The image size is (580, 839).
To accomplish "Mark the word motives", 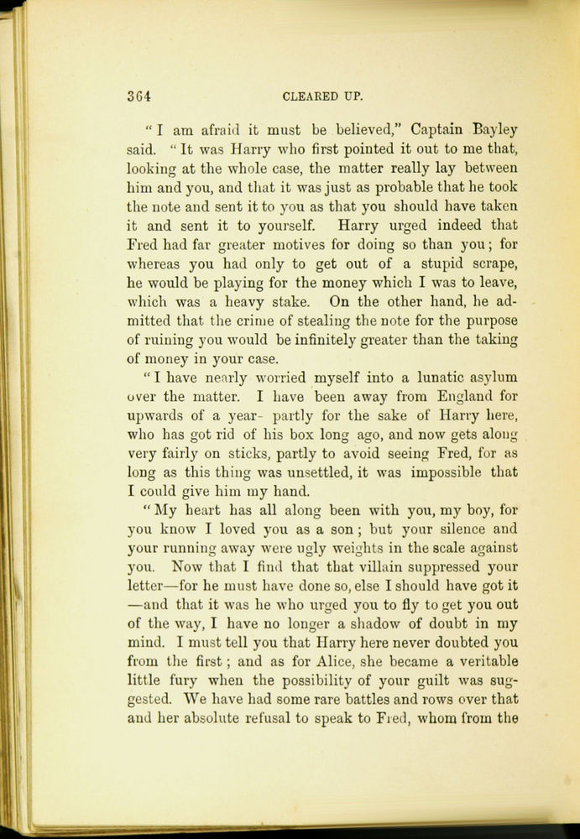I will [303, 244].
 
